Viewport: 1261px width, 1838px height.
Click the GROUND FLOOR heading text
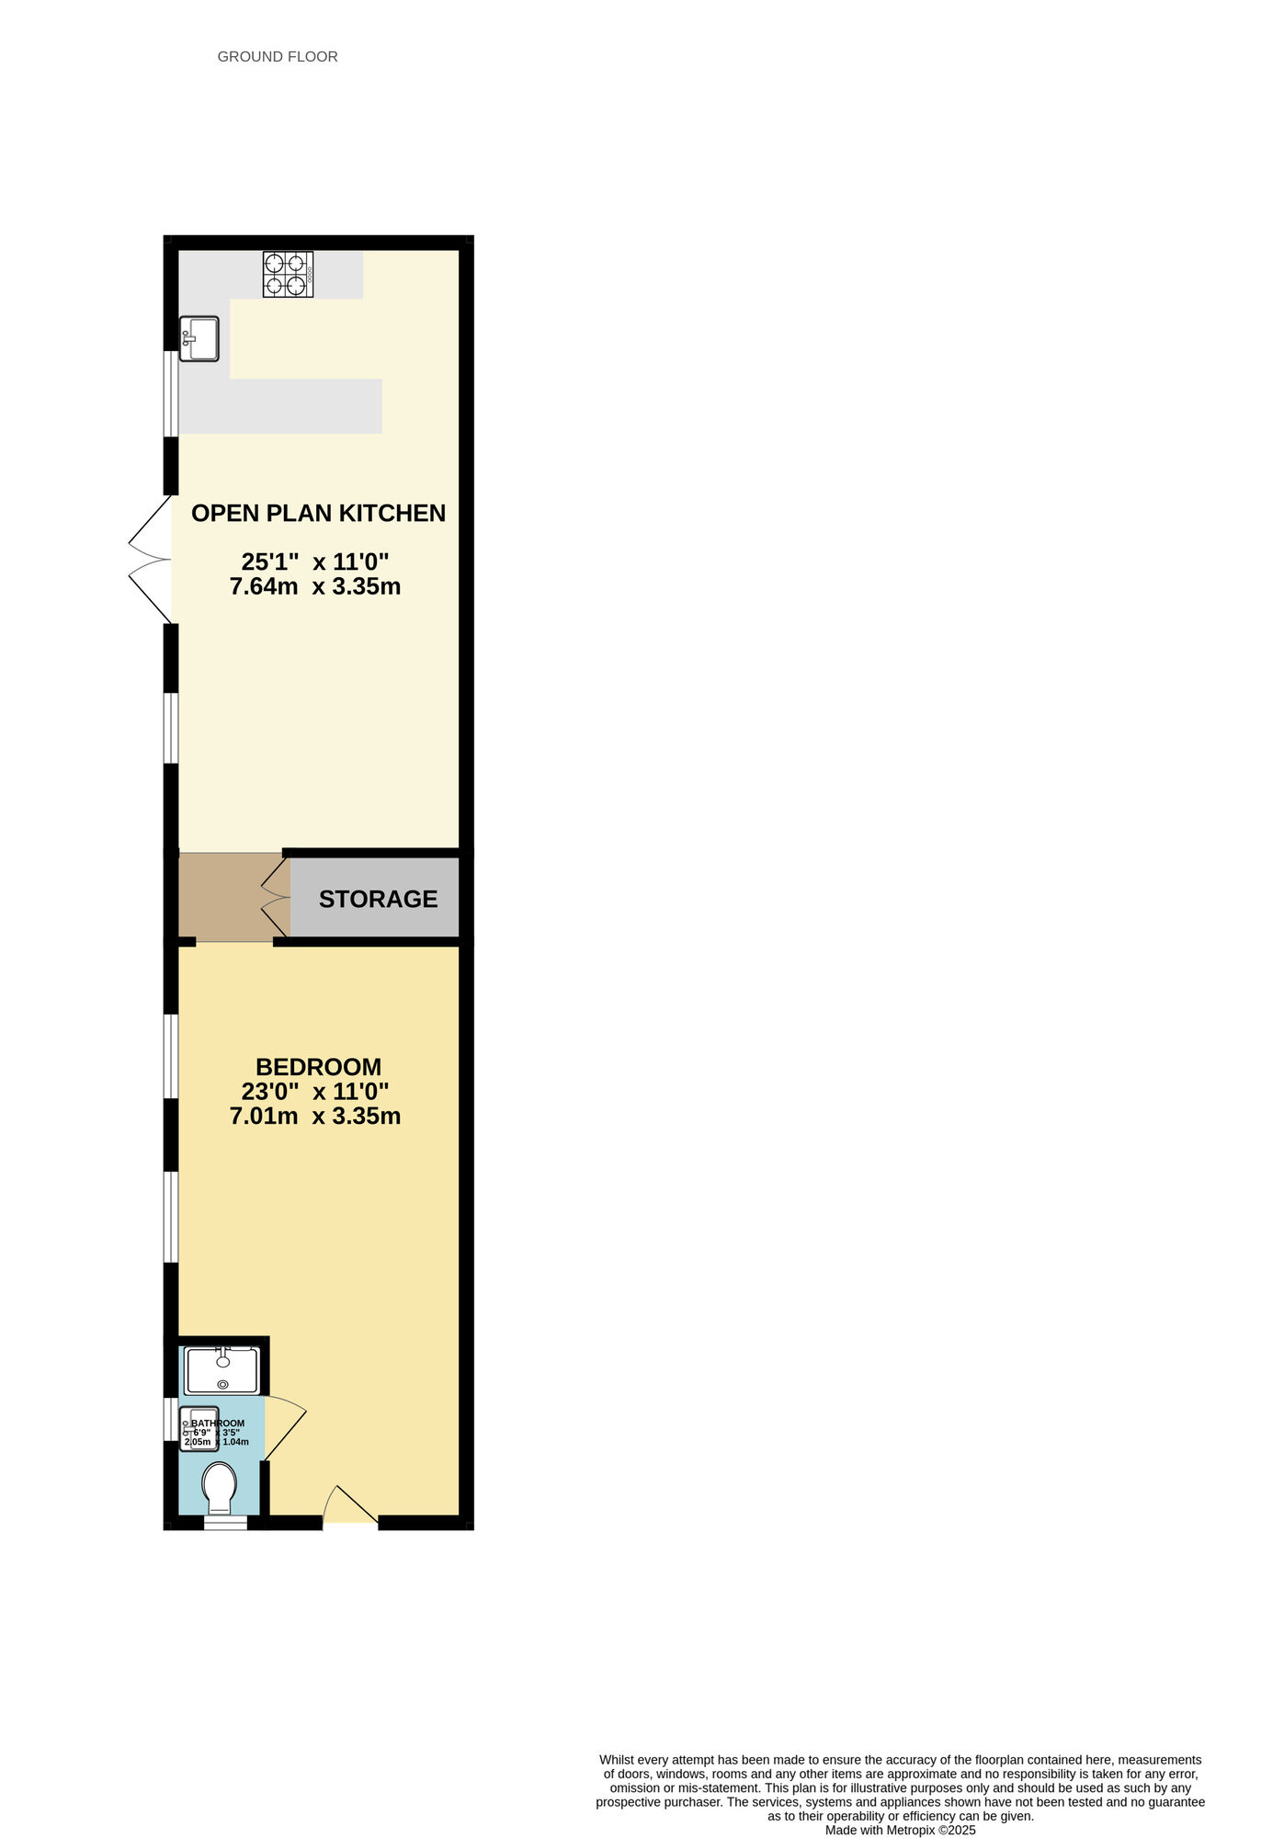click(278, 57)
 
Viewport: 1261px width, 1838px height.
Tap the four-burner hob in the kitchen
click(288, 274)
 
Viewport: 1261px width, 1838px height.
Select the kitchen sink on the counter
click(199, 338)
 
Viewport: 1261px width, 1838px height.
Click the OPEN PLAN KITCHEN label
click(318, 513)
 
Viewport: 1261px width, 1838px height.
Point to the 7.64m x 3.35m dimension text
click(315, 586)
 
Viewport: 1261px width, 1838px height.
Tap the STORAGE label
click(378, 899)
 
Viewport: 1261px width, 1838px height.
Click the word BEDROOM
click(318, 1067)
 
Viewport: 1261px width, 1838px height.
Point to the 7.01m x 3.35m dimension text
click(315, 1117)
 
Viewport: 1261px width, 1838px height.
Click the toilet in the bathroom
click(220, 1487)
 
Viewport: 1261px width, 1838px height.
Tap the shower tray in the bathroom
click(222, 1370)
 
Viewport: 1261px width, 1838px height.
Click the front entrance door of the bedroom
click(349, 1508)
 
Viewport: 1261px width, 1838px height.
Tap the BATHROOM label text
click(218, 1423)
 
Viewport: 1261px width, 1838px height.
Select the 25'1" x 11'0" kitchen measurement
click(315, 562)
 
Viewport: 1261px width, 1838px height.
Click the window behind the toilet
click(225, 1524)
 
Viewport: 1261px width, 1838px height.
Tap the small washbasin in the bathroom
click(198, 1429)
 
